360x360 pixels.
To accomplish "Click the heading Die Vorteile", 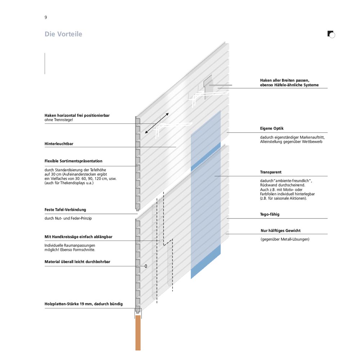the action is pyautogui.click(x=63, y=34).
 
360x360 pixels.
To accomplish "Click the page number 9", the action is pyautogui.click(x=46, y=17).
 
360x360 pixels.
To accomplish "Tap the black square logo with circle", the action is pyautogui.click(x=331, y=34).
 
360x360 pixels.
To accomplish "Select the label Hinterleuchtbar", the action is pyautogui.click(x=59, y=144).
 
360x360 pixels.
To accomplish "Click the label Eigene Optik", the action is pyautogui.click(x=272, y=129).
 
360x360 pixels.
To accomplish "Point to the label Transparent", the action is pyautogui.click(x=271, y=172).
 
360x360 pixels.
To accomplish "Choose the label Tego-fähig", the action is pyautogui.click(x=270, y=214).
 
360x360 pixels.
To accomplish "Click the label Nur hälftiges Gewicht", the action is pyautogui.click(x=280, y=230).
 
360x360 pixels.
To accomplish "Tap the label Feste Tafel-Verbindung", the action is pyautogui.click(x=65, y=210).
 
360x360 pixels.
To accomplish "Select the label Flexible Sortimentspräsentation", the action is pyautogui.click(x=73, y=161).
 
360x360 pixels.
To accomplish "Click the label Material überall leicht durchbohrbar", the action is pyautogui.click(x=77, y=261).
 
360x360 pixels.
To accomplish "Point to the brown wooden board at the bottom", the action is pyautogui.click(x=138, y=333).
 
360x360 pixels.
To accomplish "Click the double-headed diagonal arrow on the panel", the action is pyautogui.click(x=157, y=123).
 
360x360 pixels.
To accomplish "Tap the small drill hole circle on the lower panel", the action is pyautogui.click(x=146, y=266).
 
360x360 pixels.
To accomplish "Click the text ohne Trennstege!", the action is pyautogui.click(x=59, y=120).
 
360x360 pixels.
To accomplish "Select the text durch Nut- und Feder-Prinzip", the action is pyautogui.click(x=68, y=218).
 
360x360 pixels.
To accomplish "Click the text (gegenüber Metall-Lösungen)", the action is pyautogui.click(x=285, y=239).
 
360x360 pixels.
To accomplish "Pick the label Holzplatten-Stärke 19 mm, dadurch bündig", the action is pyautogui.click(x=84, y=304).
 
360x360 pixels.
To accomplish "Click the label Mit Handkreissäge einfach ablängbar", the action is pyautogui.click(x=78, y=237).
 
